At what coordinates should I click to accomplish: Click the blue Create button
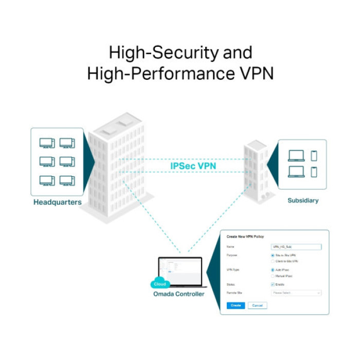pyautogui.click(x=236, y=305)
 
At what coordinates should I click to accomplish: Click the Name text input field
pyautogui.click(x=296, y=247)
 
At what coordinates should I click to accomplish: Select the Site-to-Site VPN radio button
pyautogui.click(x=273, y=255)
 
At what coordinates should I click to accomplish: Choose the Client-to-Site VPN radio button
pyautogui.click(x=273, y=261)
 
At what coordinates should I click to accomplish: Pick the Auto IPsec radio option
pyautogui.click(x=273, y=269)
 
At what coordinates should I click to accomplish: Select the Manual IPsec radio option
pyautogui.click(x=273, y=276)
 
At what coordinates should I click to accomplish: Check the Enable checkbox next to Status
pyautogui.click(x=273, y=284)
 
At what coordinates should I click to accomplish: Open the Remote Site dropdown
pyautogui.click(x=296, y=293)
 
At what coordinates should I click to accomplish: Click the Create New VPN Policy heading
pyautogui.click(x=245, y=237)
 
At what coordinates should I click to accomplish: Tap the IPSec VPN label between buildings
pyautogui.click(x=193, y=166)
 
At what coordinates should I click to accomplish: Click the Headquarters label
pyautogui.click(x=57, y=202)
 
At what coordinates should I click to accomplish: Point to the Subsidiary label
pyautogui.click(x=303, y=201)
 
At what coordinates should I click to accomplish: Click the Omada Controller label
pyautogui.click(x=178, y=294)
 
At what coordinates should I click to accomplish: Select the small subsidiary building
pyautogui.click(x=256, y=170)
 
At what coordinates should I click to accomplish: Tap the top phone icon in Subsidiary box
pyautogui.click(x=314, y=155)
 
